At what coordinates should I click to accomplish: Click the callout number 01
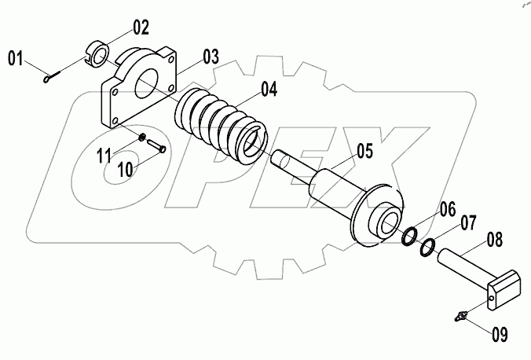click(18, 57)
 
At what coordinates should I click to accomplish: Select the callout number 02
click(140, 29)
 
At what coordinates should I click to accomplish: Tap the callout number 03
click(211, 57)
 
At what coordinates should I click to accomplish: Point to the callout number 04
click(269, 90)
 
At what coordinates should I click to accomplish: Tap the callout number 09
click(500, 335)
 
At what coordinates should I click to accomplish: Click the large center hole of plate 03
click(148, 83)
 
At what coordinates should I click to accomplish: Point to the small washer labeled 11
click(142, 138)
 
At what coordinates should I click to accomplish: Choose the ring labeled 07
click(427, 248)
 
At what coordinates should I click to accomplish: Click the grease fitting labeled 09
click(462, 316)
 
